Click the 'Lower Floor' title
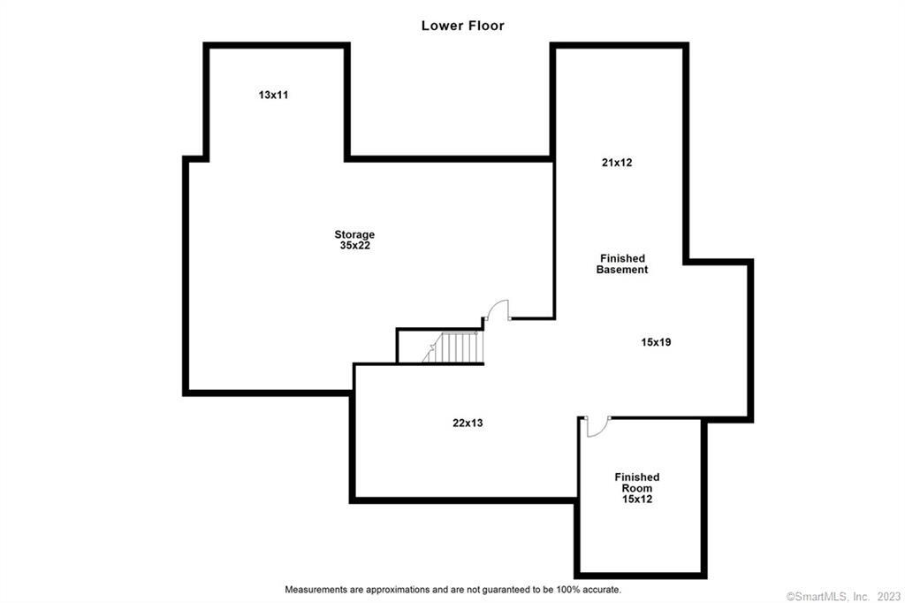(462, 26)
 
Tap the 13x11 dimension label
(273, 95)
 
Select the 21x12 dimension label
(617, 163)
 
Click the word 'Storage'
(354, 234)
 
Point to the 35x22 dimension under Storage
(354, 245)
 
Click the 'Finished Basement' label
(622, 263)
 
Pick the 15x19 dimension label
(656, 341)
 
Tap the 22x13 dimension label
(468, 423)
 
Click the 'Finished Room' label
(637, 483)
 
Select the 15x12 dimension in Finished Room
(637, 500)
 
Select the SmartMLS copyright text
(832, 595)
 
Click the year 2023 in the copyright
(889, 595)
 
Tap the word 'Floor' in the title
(486, 26)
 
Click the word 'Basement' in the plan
(622, 270)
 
